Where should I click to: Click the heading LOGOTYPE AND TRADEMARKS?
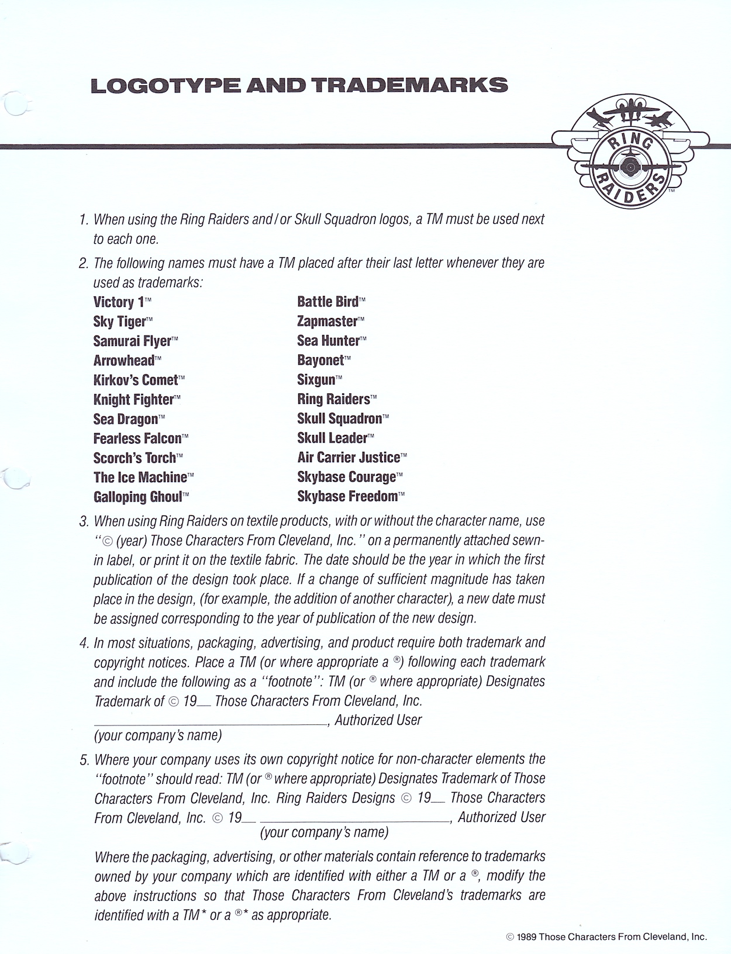pyautogui.click(x=299, y=85)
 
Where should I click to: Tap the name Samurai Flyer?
pyautogui.click(x=132, y=341)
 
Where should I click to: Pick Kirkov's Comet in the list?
pyautogui.click(x=135, y=381)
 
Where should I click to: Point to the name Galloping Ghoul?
pyautogui.click(x=137, y=497)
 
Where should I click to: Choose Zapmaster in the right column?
pyautogui.click(x=327, y=322)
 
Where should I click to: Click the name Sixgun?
pyautogui.click(x=316, y=380)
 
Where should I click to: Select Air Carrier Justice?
pyautogui.click(x=349, y=458)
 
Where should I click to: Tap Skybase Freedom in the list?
pyautogui.click(x=347, y=497)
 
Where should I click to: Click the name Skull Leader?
pyautogui.click(x=332, y=438)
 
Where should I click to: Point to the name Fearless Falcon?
pyautogui.click(x=137, y=439)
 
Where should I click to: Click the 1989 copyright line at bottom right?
pyautogui.click(x=606, y=936)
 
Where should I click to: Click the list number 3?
pyautogui.click(x=84, y=521)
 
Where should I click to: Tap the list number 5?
pyautogui.click(x=84, y=760)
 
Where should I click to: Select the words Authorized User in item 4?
pyautogui.click(x=378, y=720)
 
